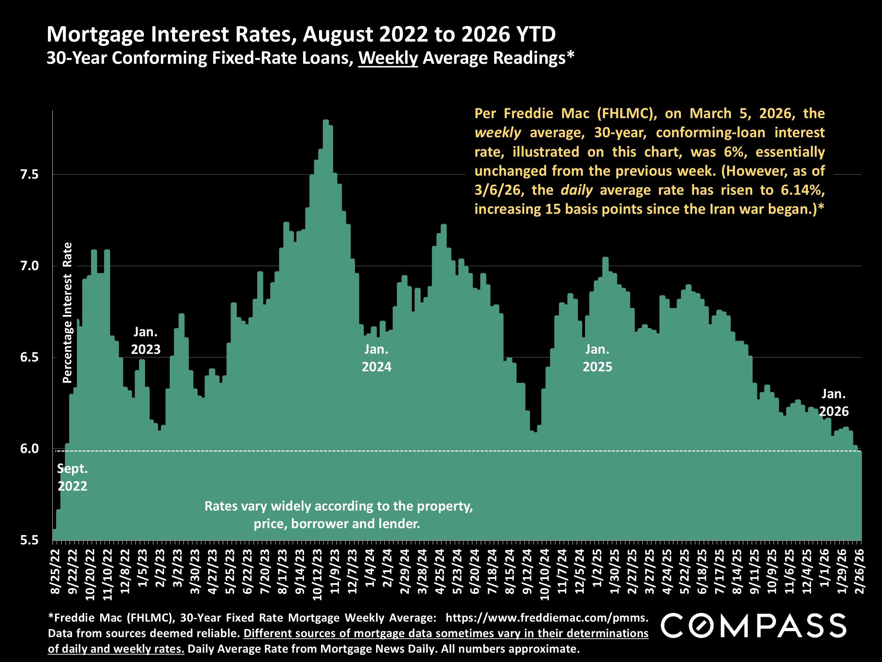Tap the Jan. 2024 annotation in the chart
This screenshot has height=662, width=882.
click(376, 358)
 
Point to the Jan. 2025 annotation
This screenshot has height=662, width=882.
click(597, 358)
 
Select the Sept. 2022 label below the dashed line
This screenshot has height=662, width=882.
click(72, 477)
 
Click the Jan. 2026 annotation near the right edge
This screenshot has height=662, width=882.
click(834, 402)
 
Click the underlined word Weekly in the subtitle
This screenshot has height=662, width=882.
click(388, 58)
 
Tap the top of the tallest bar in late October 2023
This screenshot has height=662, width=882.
click(326, 120)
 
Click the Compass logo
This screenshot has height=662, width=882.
click(754, 625)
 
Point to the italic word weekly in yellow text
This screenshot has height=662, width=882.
click(497, 133)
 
